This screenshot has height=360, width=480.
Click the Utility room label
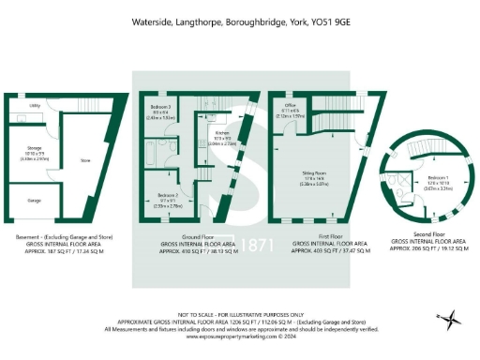pyautogui.click(x=34, y=106)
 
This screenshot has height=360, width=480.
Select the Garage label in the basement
pyautogui.click(x=34, y=200)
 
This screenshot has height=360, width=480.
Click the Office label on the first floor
pyautogui.click(x=292, y=108)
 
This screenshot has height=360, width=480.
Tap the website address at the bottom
pyautogui.click(x=239, y=337)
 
